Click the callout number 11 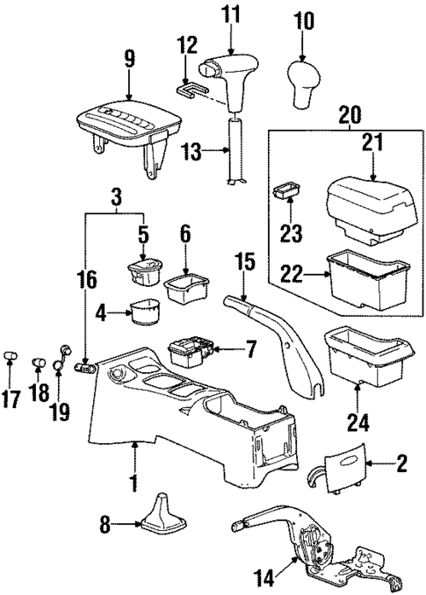(230, 15)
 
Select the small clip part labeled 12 (187, 87)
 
